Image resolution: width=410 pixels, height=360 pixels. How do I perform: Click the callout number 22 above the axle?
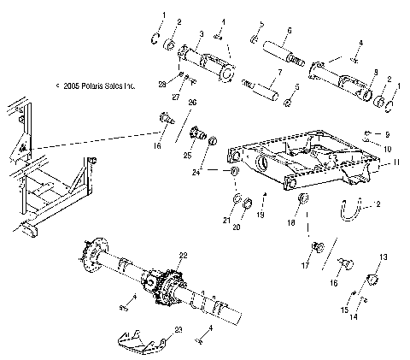point(181,256)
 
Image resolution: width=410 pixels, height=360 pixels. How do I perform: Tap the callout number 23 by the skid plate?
point(177,328)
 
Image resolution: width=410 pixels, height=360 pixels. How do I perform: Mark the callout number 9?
point(387,134)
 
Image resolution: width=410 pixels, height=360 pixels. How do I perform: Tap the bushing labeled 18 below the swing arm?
point(302,202)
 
